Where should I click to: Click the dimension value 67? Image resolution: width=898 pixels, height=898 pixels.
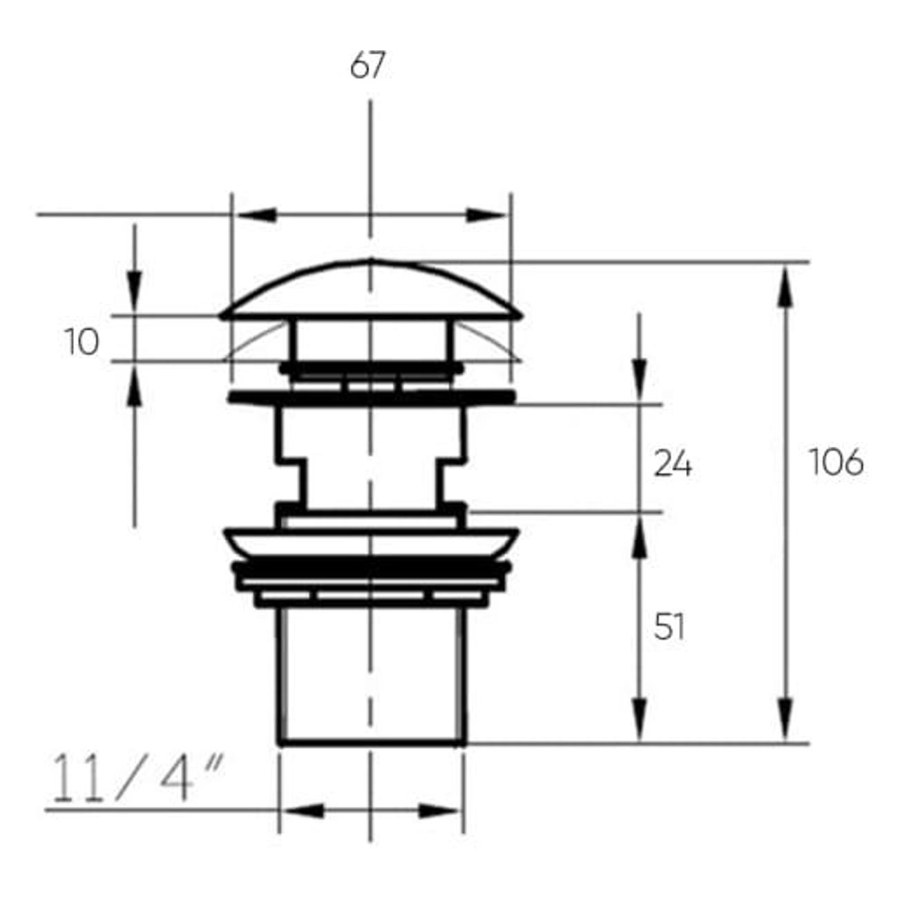coord(367,65)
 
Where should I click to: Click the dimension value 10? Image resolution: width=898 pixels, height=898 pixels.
coord(82,341)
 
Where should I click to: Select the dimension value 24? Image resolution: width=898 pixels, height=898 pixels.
coord(672,464)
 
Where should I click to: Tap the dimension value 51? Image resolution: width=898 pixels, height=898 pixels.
coord(669,627)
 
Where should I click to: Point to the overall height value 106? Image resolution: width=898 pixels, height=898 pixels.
coord(837,462)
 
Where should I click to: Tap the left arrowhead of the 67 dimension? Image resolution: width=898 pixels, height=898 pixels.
coord(257,216)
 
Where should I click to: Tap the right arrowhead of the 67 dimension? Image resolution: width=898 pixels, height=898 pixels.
coord(486,216)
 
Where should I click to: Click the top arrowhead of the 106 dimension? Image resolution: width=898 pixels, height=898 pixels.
coord(785,287)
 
